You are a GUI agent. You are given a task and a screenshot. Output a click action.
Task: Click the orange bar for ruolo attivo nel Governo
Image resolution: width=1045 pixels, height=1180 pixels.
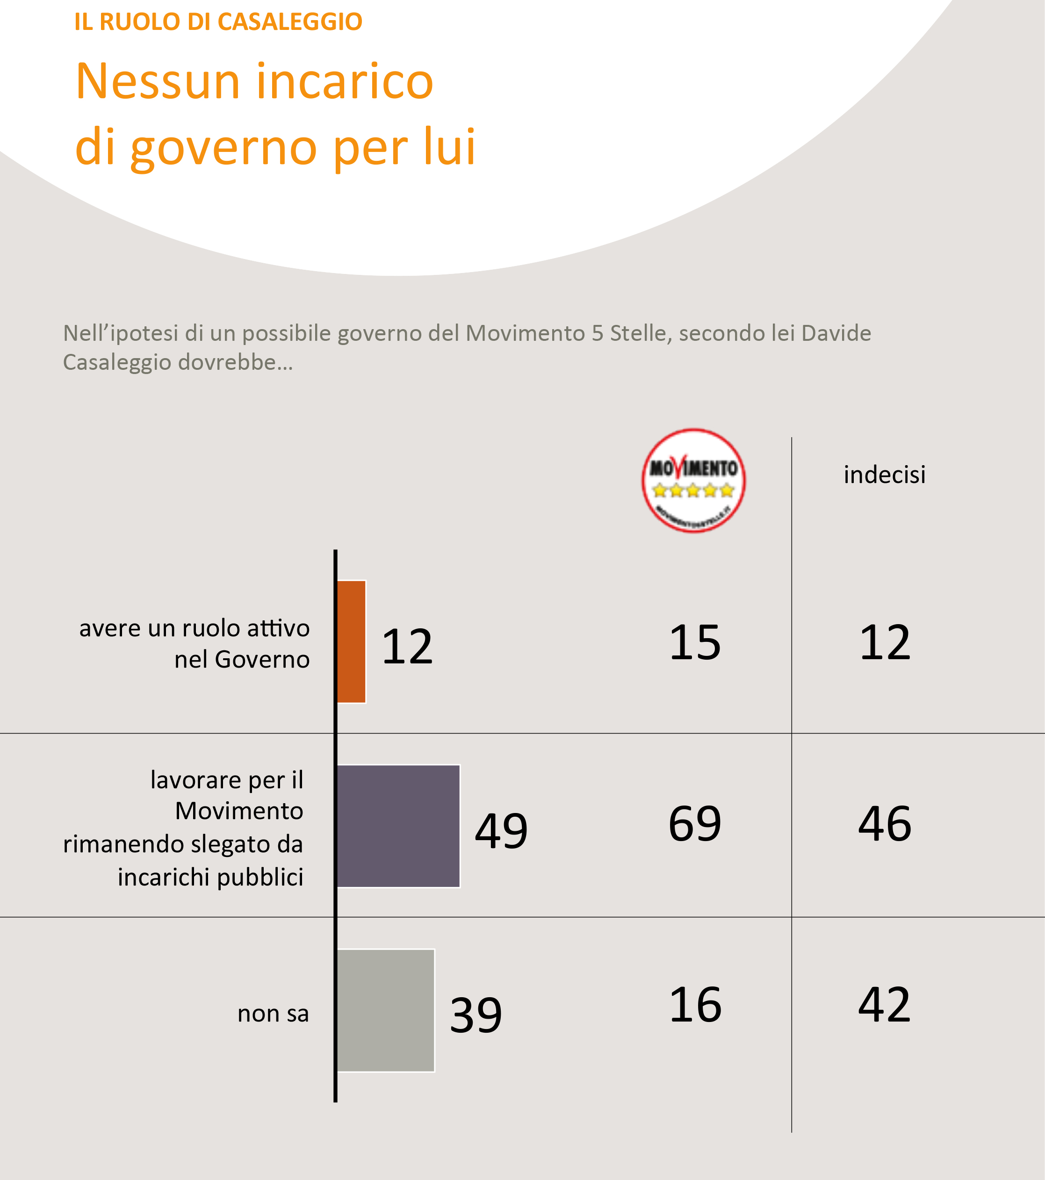pos(351,641)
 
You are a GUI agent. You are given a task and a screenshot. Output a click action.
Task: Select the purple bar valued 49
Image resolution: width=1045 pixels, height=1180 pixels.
pos(398,826)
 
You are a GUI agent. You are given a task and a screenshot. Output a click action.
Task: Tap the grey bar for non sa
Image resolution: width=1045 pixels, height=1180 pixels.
pos(386,1010)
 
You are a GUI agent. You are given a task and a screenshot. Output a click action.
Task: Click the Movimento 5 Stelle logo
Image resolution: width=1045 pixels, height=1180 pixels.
pos(693,480)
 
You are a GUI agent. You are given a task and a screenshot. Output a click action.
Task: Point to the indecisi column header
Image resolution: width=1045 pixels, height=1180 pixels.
pos(885,475)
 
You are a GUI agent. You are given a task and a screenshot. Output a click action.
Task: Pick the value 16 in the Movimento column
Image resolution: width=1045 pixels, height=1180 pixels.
pos(695,1005)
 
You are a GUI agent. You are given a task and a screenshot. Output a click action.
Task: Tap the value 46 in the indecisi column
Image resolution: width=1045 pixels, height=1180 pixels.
pos(885,824)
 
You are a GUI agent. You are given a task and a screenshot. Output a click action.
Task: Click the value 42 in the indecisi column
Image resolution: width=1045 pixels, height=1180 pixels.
pos(885,1005)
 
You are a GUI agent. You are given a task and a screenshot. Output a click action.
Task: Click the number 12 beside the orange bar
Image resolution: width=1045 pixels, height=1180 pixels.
pos(407,647)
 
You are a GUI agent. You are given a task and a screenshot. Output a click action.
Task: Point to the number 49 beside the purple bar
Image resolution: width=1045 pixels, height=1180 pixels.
pos(501,831)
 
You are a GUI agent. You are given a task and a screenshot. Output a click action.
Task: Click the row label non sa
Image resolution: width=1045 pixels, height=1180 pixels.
pos(273,1013)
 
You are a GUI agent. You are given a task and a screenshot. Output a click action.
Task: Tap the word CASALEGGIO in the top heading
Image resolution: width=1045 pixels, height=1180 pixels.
pos(290,22)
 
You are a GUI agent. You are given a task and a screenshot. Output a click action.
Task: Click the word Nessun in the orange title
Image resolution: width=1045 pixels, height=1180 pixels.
pos(158,81)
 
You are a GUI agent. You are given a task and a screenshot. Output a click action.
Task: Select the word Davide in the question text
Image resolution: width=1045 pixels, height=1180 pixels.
pos(836,333)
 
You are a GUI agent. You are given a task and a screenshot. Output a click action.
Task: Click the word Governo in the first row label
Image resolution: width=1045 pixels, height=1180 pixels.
pos(262,659)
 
